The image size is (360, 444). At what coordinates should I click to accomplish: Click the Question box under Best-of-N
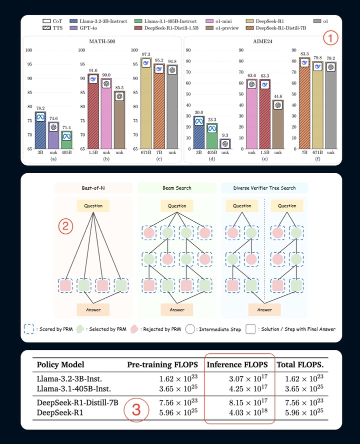[93, 205]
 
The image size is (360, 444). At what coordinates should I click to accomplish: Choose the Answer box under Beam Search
[177, 310]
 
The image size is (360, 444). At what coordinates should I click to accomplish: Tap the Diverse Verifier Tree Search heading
[264, 188]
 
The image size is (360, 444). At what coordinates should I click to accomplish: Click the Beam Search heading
[177, 188]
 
